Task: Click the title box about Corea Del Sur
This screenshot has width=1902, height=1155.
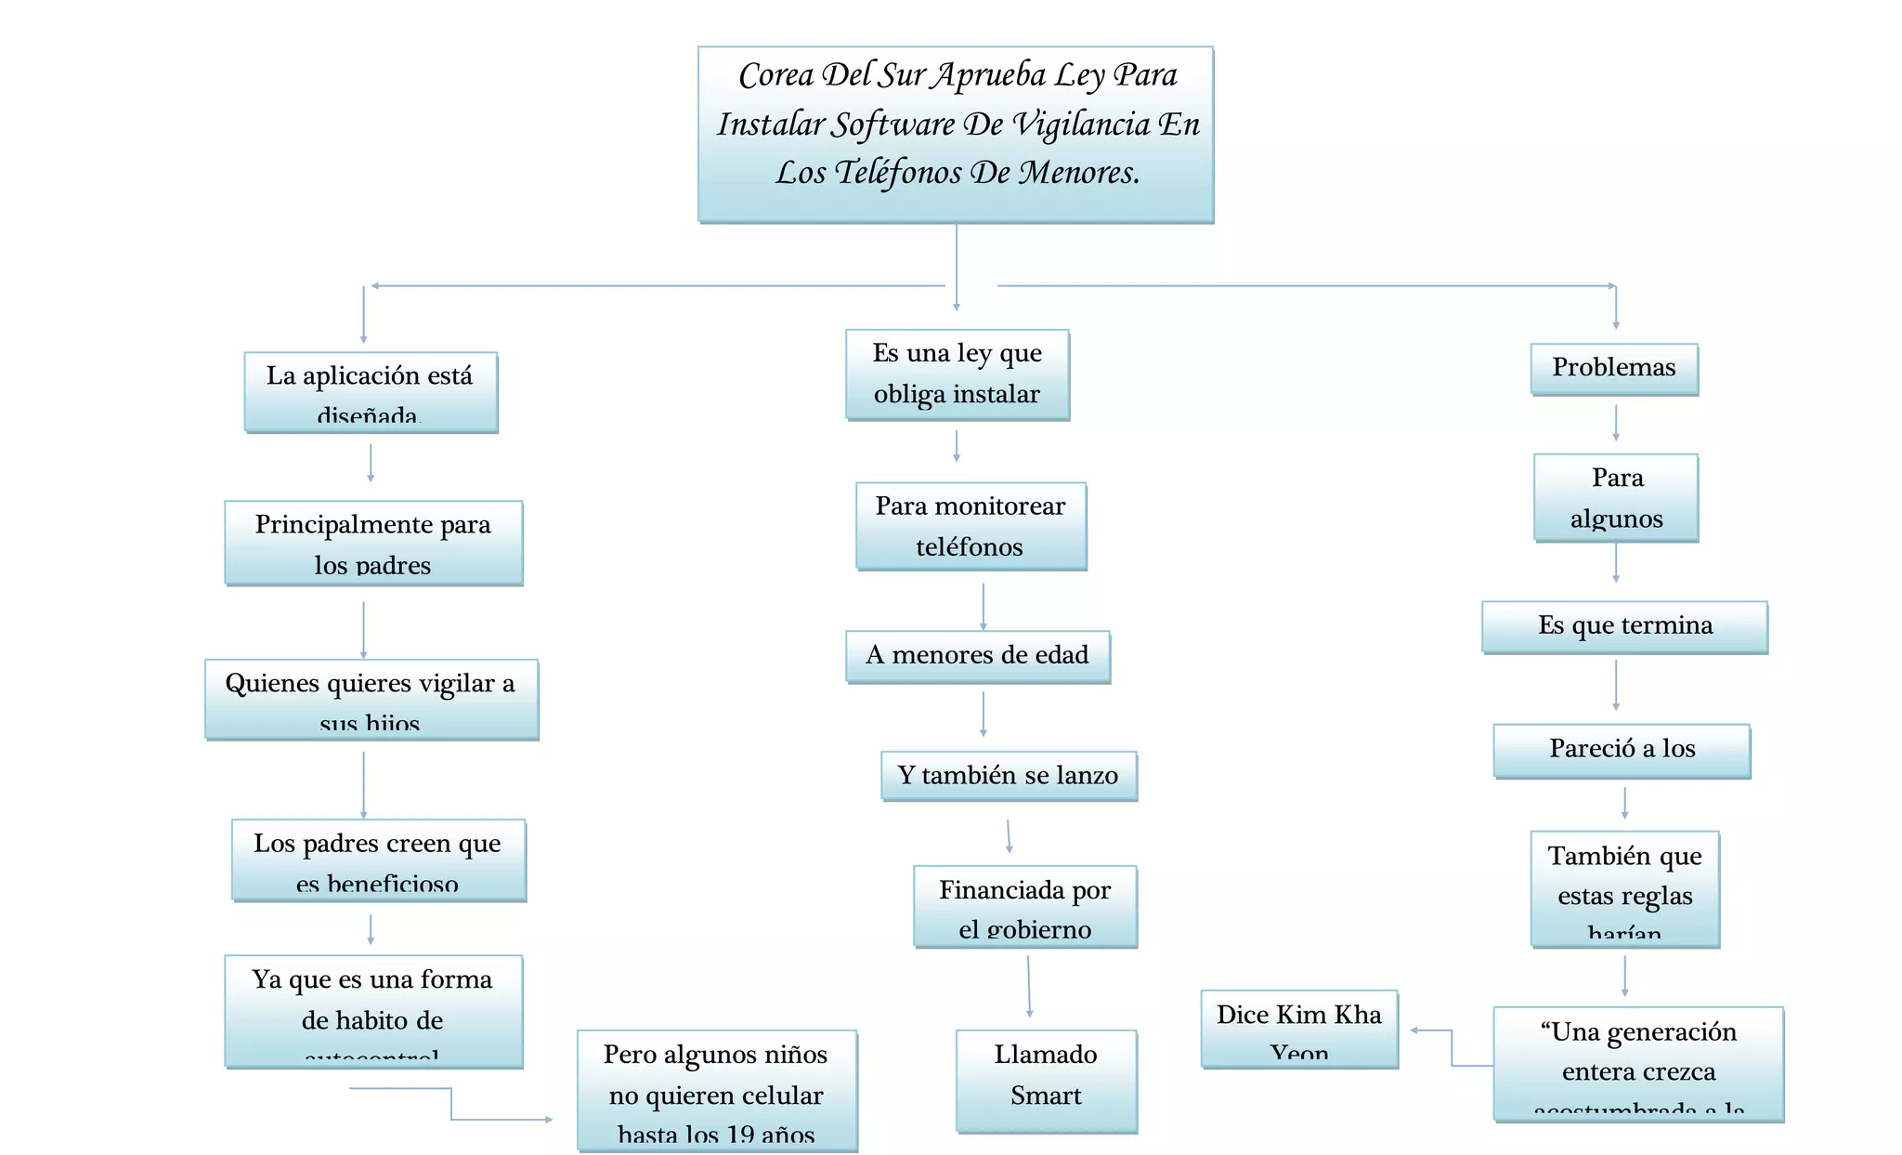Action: point(956,134)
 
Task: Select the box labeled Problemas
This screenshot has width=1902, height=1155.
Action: point(1614,369)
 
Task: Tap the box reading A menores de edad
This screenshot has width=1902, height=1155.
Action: point(978,656)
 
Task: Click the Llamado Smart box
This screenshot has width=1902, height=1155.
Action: point(1047,1080)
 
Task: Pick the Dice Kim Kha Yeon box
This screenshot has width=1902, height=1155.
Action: point(1299,1029)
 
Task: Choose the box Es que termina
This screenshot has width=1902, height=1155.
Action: point(1624,627)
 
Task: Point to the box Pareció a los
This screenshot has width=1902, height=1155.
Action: point(1622,750)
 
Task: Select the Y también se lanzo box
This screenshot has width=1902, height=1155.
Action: point(1009,776)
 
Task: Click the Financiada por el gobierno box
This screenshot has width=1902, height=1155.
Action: point(1025,906)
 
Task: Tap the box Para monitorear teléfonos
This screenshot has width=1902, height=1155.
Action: point(971,526)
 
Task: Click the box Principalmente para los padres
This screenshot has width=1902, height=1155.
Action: point(373,543)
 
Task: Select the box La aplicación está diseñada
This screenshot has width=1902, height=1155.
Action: point(371,392)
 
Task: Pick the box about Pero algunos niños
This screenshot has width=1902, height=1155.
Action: point(716,1091)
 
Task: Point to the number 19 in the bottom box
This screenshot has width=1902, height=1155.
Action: point(740,1135)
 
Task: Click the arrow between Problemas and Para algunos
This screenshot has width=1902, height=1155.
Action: point(1616,423)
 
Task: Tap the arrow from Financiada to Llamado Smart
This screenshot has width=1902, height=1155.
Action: point(1029,987)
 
